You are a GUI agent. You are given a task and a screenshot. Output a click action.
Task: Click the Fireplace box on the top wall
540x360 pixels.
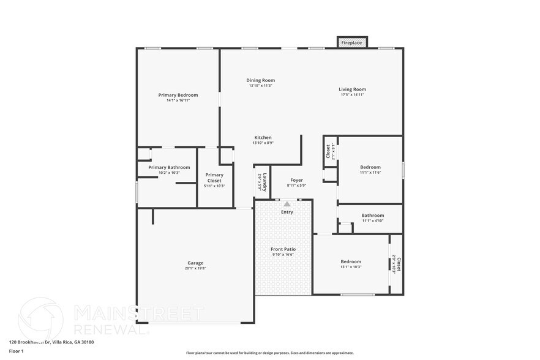point(352,43)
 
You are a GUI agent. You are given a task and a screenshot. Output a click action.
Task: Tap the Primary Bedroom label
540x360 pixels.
point(178,95)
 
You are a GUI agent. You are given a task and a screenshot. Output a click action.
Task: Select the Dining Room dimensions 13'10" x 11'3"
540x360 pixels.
point(260,86)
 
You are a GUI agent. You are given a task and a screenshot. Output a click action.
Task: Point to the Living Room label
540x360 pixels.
point(352,89)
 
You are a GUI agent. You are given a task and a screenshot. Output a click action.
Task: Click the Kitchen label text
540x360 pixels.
point(263,137)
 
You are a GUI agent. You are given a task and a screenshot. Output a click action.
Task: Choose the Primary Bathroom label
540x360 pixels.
point(169,167)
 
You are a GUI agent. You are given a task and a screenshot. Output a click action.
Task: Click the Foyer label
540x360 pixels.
point(296,180)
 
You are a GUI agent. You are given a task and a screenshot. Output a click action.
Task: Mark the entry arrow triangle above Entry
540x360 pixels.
point(287,204)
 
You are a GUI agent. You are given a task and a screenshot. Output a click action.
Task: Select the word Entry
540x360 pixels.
point(287,212)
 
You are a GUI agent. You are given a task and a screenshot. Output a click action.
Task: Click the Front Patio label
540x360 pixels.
point(283,249)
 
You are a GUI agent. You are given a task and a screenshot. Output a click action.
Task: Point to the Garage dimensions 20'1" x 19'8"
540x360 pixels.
point(195,268)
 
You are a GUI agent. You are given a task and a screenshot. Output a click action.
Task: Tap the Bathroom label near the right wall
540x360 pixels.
point(372,215)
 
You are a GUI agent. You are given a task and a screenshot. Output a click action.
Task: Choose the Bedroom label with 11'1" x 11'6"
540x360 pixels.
point(370,167)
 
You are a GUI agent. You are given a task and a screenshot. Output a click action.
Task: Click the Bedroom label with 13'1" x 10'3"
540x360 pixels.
point(351,261)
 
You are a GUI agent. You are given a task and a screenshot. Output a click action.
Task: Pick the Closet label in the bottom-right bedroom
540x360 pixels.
point(398,264)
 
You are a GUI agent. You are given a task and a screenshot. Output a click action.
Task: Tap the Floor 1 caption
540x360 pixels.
point(16,351)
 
